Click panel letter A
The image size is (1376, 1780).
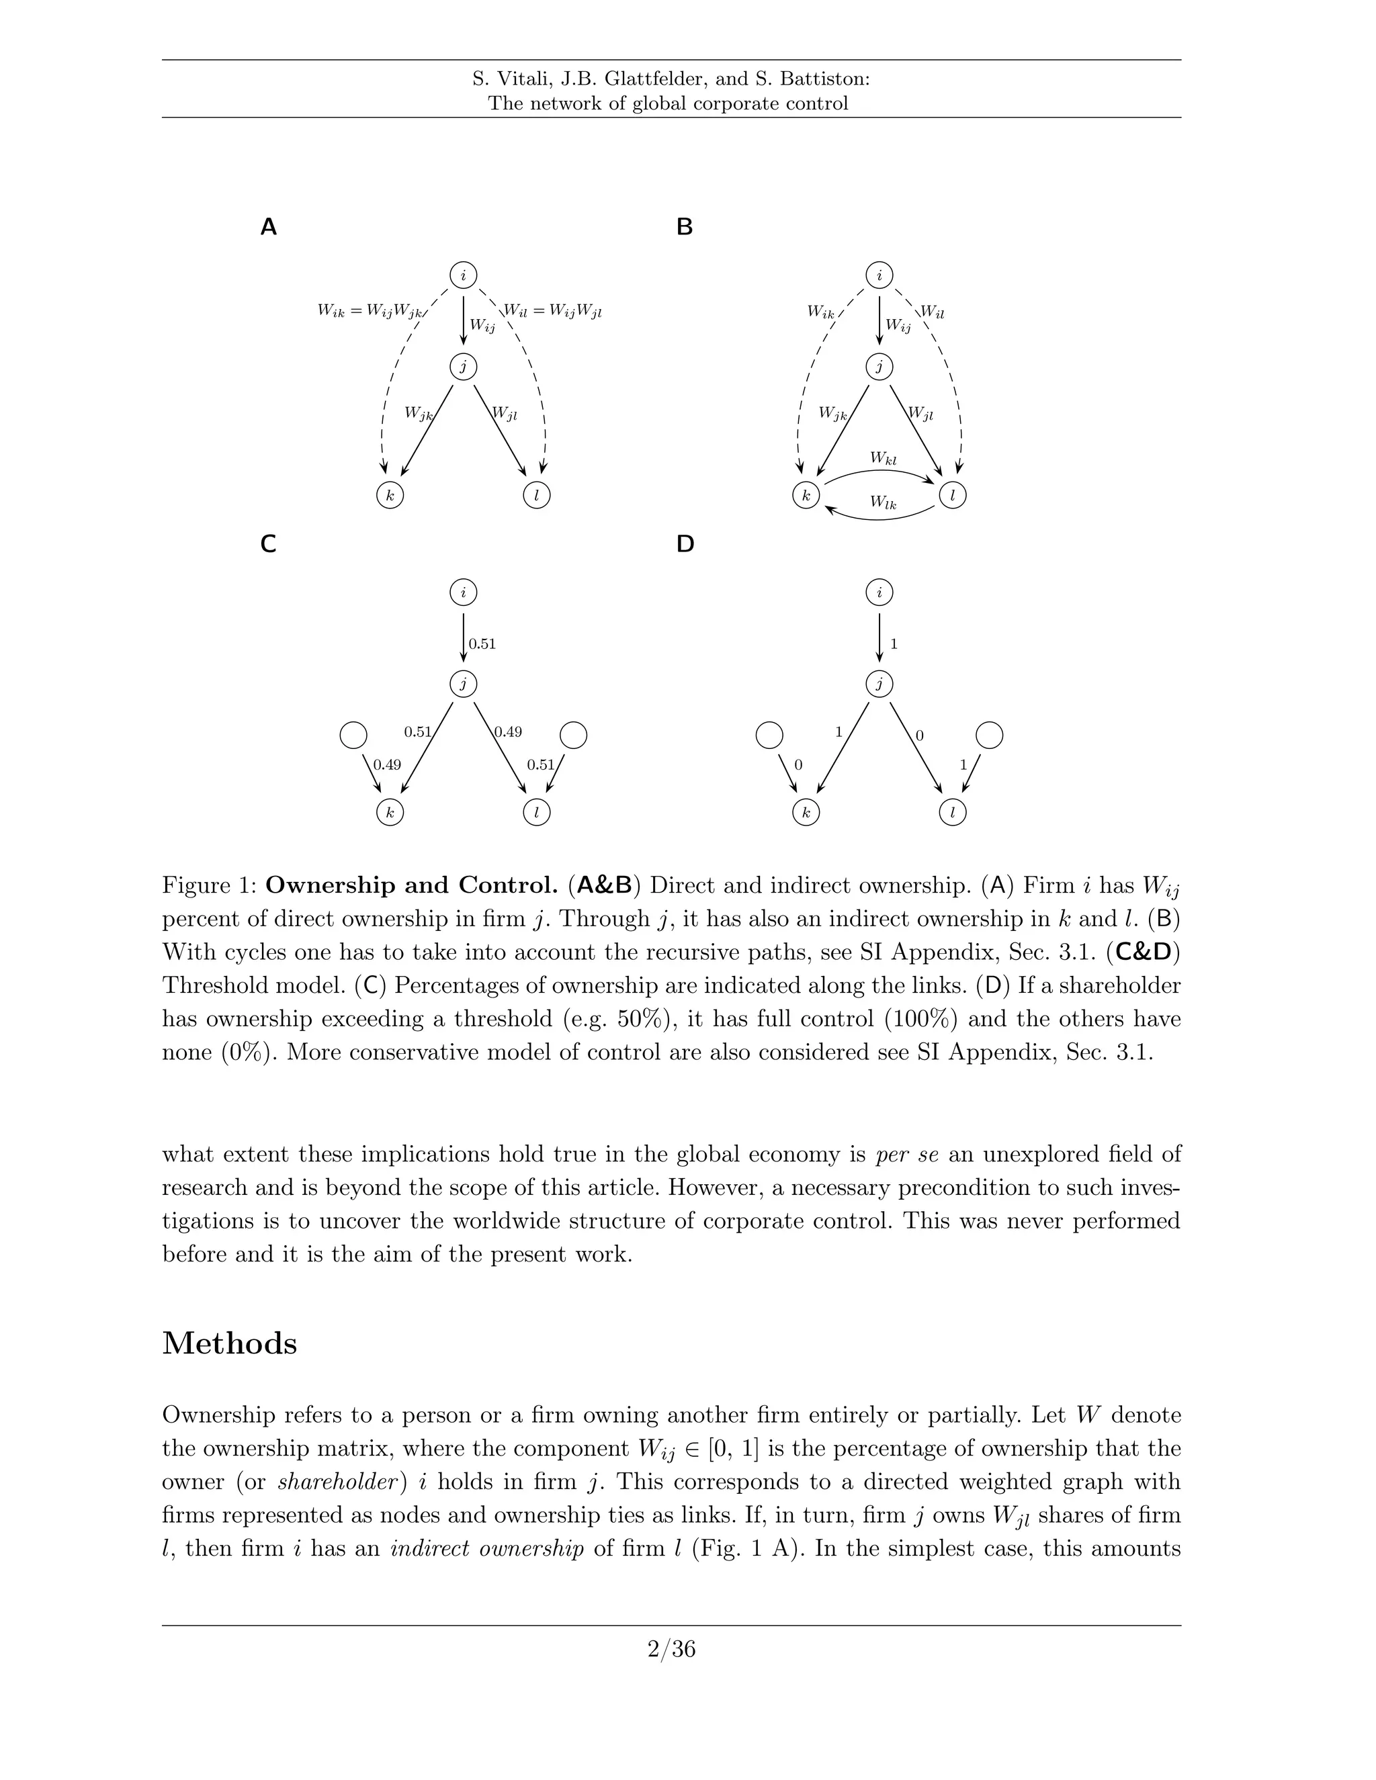(268, 228)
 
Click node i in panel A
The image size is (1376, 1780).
(463, 275)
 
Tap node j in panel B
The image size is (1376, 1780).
(879, 367)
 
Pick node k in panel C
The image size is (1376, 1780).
(390, 813)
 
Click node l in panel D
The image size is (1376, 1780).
(952, 813)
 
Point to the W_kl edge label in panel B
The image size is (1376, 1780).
(883, 459)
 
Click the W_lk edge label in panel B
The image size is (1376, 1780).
(883, 503)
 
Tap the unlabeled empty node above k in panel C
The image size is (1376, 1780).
(353, 735)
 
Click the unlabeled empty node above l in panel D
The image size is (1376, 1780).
(989, 735)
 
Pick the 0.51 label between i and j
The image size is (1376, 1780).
(482, 644)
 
